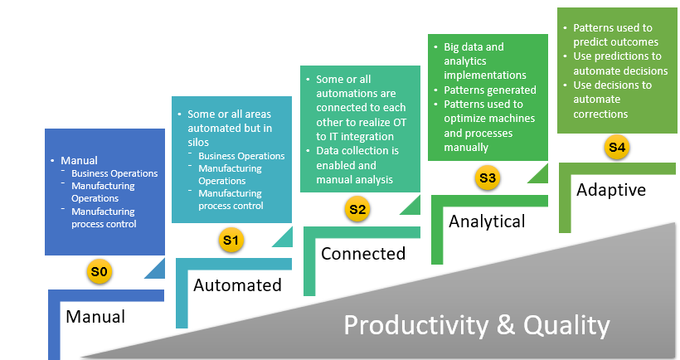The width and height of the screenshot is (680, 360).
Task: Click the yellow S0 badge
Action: [100, 271]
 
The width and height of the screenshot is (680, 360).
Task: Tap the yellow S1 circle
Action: [230, 241]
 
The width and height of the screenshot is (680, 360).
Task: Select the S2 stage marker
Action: [357, 209]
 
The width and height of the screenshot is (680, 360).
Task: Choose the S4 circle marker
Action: [616, 148]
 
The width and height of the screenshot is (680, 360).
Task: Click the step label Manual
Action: [95, 316]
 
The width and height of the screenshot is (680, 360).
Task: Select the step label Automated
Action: [237, 285]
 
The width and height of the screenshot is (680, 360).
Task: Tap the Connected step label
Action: [363, 253]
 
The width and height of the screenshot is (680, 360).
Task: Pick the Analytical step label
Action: [487, 221]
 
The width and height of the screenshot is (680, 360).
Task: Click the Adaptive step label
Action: [611, 190]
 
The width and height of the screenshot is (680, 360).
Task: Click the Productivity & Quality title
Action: [476, 324]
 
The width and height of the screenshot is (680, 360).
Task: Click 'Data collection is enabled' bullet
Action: [357, 164]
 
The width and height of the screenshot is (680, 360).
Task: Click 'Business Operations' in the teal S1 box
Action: [241, 156]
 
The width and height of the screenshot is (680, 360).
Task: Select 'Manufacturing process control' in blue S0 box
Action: [104, 217]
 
